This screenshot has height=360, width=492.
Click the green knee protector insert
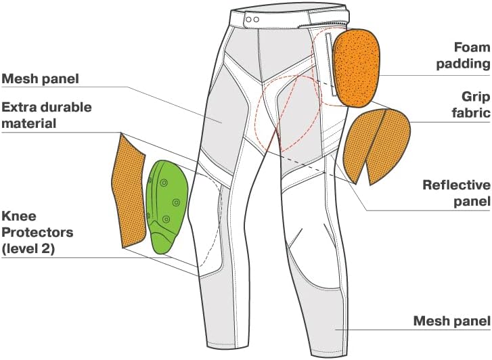tap(166, 206)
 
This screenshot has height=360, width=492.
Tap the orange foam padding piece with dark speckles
tap(356, 67)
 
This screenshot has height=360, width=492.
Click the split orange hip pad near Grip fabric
tap(376, 146)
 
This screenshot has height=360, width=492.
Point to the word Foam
tap(472, 47)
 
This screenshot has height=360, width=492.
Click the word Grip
tap(476, 97)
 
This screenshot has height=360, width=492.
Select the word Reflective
tap(456, 185)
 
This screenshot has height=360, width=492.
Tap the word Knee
tap(19, 216)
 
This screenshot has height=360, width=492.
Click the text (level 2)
tap(28, 249)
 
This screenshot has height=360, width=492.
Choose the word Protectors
tap(38, 232)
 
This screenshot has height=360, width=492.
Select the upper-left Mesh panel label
tap(40, 78)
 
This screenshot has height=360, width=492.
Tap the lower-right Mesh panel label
tap(451, 321)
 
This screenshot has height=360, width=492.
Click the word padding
tap(463, 64)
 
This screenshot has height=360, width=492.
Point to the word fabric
tap(471, 113)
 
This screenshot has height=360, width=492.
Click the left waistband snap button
tap(248, 20)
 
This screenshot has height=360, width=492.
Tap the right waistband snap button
tap(256, 20)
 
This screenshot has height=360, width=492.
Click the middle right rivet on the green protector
tap(176, 202)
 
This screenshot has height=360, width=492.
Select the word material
tap(29, 123)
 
